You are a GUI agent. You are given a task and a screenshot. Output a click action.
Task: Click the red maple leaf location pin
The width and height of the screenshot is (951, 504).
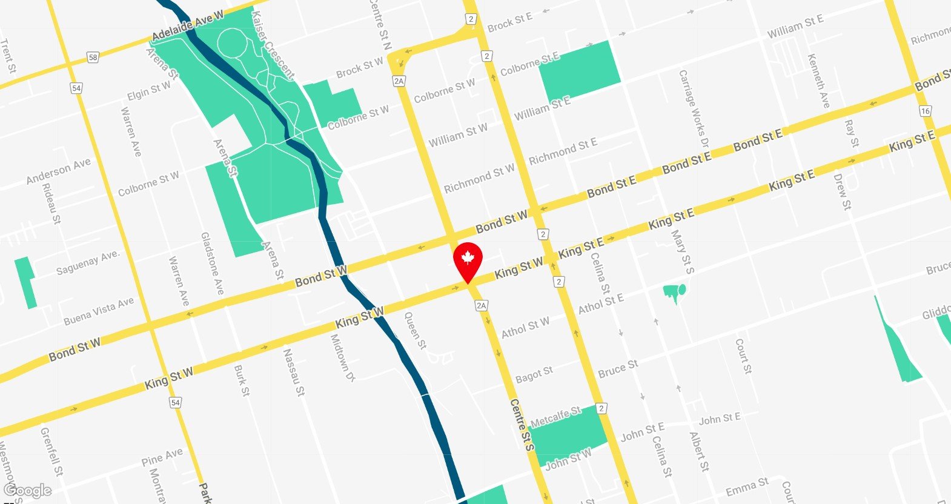click(x=467, y=260)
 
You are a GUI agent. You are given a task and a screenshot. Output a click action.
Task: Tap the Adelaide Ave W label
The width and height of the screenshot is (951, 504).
click(x=187, y=26)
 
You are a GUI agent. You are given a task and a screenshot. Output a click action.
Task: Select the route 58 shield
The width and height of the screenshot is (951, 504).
click(x=92, y=58)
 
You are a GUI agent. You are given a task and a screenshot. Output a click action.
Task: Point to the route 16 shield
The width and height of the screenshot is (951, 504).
click(x=925, y=111)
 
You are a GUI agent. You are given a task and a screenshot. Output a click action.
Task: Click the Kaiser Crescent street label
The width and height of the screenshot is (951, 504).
click(x=273, y=45)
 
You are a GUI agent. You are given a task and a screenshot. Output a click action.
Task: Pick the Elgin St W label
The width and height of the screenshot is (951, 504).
click(x=149, y=91)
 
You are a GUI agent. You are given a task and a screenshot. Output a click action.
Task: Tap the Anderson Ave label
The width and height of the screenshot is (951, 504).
click(x=58, y=171)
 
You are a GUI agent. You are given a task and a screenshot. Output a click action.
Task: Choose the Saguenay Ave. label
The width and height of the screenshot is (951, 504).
click(x=88, y=263)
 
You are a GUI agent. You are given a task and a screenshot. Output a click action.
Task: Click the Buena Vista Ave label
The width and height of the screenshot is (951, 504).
click(x=99, y=311)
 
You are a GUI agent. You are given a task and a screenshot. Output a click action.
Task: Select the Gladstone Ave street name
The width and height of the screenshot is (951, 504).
click(x=213, y=264)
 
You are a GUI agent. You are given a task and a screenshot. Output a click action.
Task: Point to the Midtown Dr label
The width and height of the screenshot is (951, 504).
click(x=342, y=358)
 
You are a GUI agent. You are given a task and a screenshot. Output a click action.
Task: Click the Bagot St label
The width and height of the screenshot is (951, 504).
click(x=534, y=375)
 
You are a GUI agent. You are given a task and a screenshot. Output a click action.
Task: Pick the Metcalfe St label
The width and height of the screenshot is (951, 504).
click(x=555, y=417)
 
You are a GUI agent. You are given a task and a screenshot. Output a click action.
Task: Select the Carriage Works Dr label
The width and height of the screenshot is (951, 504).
click(x=694, y=110)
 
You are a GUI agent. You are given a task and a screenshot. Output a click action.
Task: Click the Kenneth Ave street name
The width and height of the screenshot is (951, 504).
click(x=818, y=81)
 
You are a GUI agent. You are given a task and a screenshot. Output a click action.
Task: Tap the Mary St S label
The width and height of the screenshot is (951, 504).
click(x=683, y=251)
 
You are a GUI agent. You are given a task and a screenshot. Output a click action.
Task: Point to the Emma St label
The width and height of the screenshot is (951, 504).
click(x=747, y=486)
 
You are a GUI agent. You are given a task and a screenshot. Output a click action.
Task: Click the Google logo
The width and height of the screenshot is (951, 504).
click(x=27, y=491)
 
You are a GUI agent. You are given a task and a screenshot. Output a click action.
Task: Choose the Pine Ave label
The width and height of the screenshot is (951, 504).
click(x=162, y=457)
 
